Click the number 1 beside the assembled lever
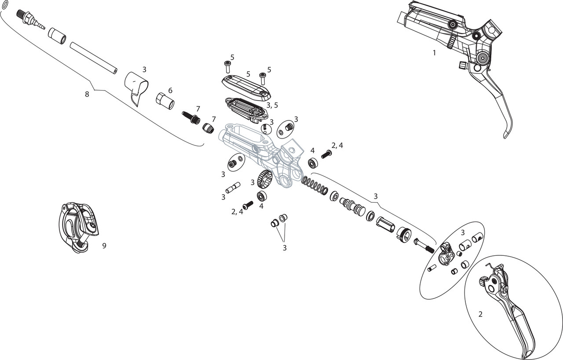coord(434,53)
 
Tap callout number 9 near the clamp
coord(104,246)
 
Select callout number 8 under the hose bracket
coord(87,94)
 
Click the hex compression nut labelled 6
coord(165,101)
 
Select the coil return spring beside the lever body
coord(315,185)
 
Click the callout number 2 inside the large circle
coord(480,314)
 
